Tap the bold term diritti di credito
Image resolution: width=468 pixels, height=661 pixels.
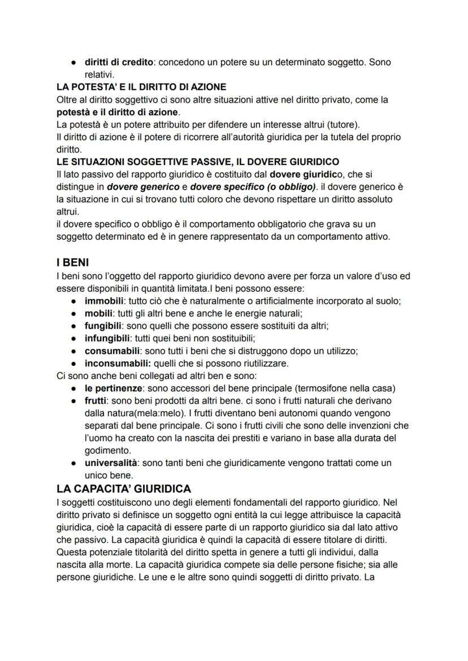pos(119,62)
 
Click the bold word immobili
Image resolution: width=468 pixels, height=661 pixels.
pos(104,301)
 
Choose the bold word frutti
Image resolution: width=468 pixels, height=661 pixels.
pos(96,400)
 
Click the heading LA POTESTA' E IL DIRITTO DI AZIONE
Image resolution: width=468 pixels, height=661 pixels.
pos(141,87)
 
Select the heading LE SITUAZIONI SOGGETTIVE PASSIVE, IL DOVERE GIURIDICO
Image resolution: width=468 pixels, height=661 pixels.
pos(197,162)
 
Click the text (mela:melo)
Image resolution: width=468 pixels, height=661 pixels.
pos(134,413)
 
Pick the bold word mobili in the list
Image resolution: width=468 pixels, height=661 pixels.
pos(99,313)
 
